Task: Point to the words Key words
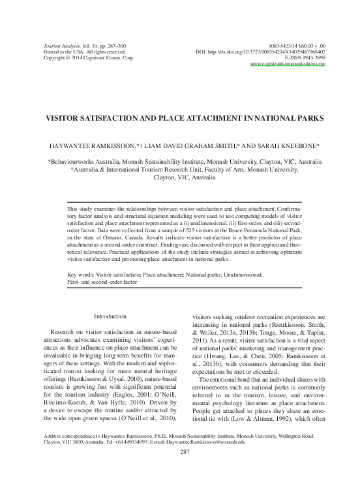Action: point(82,294)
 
